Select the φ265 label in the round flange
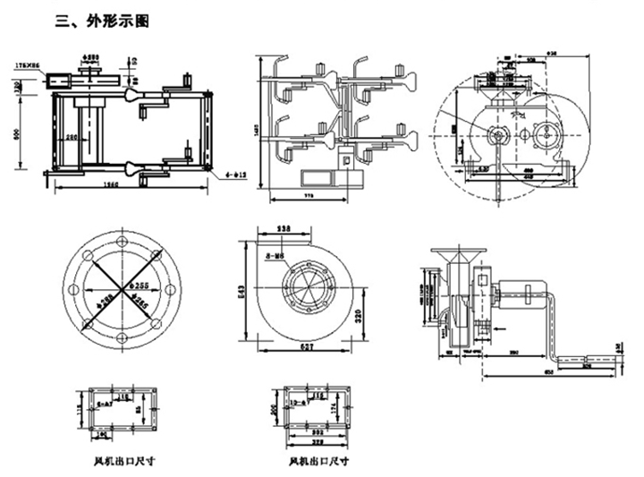click(140, 302)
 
